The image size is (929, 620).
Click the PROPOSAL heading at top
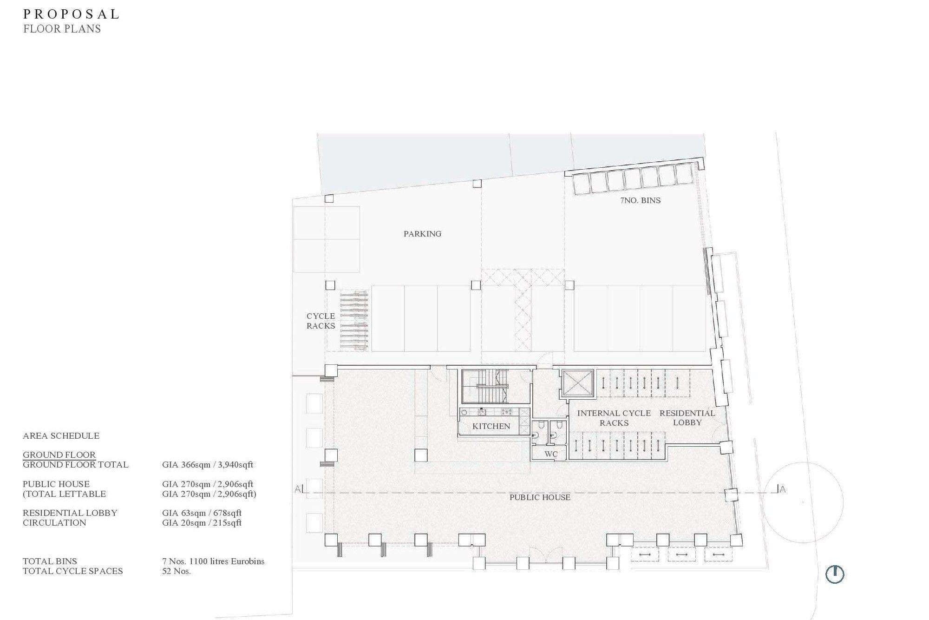coord(72,14)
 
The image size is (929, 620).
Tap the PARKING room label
coord(422,234)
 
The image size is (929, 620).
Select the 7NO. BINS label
coord(640,200)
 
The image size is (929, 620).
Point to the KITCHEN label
coord(491,426)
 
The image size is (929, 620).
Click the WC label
coord(551,454)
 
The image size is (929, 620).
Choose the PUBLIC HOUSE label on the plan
coord(540,497)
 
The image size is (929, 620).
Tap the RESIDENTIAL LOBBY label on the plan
coord(687,418)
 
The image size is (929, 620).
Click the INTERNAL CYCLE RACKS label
coord(614,418)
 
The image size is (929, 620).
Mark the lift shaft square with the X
coord(578,384)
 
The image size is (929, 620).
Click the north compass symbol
coord(835,574)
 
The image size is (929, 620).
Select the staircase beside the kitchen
coord(496,386)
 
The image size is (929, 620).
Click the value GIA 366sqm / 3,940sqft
coord(207,465)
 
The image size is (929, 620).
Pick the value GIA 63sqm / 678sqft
coord(202,513)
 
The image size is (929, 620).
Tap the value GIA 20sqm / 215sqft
coord(202,523)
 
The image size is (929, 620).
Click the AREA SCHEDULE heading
coord(61,436)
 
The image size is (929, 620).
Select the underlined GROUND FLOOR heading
coord(59,455)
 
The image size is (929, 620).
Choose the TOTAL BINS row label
coord(50,561)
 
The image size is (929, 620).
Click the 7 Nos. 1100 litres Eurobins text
coord(213,561)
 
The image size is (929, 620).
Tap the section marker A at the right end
coord(783,489)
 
